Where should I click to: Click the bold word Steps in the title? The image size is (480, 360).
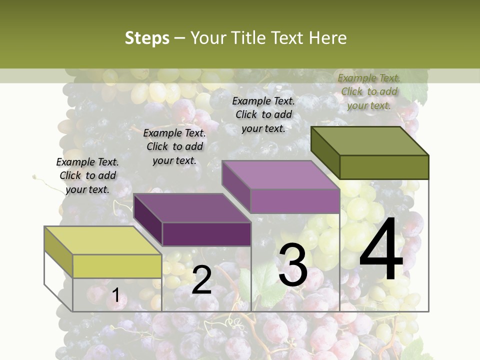click(x=147, y=38)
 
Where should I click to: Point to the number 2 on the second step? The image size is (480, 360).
click(x=201, y=280)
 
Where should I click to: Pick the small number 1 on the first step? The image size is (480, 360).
click(x=115, y=295)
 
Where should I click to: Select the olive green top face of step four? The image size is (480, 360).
click(x=370, y=140)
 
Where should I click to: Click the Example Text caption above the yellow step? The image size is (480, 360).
click(x=87, y=175)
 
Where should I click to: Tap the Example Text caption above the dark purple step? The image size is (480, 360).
click(x=174, y=146)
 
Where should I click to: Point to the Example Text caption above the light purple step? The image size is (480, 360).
click(x=263, y=114)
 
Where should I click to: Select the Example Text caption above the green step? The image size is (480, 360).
click(x=369, y=91)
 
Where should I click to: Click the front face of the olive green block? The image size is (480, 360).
click(x=384, y=167)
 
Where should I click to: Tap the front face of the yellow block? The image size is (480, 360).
click(x=117, y=266)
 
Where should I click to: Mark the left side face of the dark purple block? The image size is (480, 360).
click(x=148, y=220)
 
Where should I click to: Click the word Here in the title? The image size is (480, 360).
click(x=328, y=38)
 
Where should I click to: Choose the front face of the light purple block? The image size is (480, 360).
click(x=295, y=201)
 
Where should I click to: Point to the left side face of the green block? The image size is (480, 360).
click(x=325, y=152)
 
